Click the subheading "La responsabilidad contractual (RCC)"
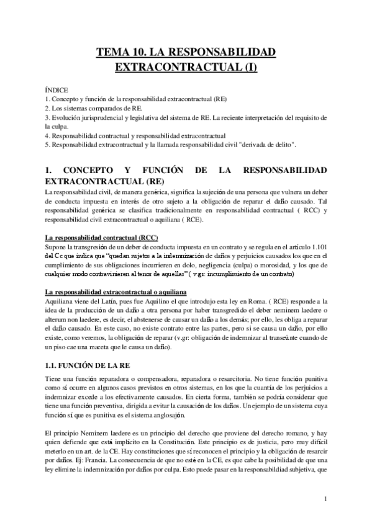tap(102, 238)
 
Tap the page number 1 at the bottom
tap(325, 499)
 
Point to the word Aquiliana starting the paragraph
tap(60, 301)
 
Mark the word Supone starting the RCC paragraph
tap(57, 247)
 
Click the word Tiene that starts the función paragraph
tap(55, 379)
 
